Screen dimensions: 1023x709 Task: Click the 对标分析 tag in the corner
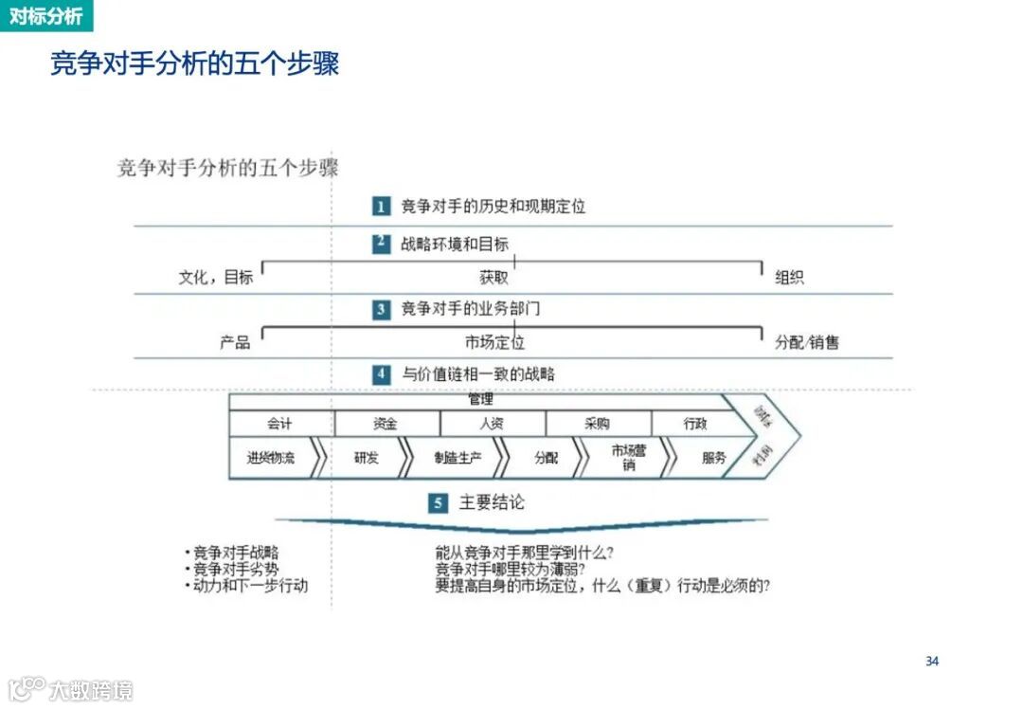pyautogui.click(x=45, y=16)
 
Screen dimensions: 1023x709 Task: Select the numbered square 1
pyautogui.click(x=381, y=206)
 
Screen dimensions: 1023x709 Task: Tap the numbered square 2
pyautogui.click(x=381, y=244)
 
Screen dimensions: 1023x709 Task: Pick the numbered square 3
pyautogui.click(x=381, y=309)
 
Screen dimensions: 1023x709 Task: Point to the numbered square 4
pyautogui.click(x=381, y=374)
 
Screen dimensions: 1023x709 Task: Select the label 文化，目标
pyautogui.click(x=216, y=278)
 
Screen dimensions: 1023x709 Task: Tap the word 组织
pyautogui.click(x=789, y=278)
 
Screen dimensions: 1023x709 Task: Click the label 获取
pyautogui.click(x=494, y=278)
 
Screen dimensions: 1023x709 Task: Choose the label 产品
pyautogui.click(x=235, y=342)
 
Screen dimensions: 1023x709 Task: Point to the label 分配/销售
pyautogui.click(x=807, y=342)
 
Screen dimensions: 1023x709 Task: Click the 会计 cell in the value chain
pyautogui.click(x=280, y=424)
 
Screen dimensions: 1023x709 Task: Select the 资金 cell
pyautogui.click(x=386, y=424)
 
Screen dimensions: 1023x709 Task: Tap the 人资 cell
pyautogui.click(x=492, y=424)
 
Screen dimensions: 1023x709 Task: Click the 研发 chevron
pyautogui.click(x=366, y=458)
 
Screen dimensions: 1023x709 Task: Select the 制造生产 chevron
pyautogui.click(x=458, y=458)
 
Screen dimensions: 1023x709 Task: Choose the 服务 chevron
pyautogui.click(x=713, y=458)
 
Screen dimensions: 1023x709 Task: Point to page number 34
pyautogui.click(x=932, y=662)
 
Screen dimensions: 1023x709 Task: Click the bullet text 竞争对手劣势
pyautogui.click(x=236, y=569)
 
